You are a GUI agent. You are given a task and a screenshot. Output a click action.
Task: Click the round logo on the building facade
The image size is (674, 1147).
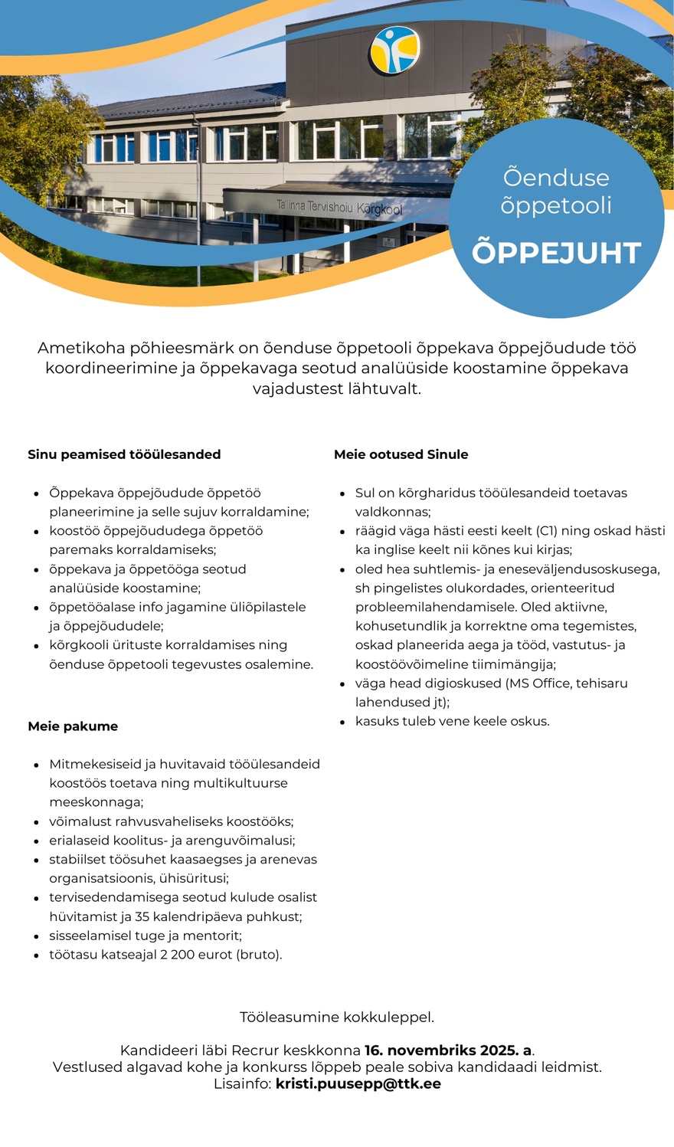point(394,49)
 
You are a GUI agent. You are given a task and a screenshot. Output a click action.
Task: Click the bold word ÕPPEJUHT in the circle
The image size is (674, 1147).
point(556,253)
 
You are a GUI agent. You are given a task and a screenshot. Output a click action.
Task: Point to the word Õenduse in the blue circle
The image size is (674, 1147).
point(556,178)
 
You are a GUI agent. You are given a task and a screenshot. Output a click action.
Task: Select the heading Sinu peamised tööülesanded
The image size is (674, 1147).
point(124,454)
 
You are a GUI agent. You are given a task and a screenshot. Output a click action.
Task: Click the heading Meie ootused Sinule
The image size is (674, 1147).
point(401,454)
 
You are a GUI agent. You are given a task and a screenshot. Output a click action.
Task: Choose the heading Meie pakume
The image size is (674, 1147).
point(73,726)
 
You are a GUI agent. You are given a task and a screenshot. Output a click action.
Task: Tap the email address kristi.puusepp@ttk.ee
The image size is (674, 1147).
point(358,1083)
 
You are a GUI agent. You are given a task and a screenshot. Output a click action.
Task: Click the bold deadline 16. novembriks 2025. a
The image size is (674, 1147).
point(448,1050)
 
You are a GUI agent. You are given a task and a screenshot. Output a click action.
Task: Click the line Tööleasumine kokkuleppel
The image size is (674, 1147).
point(337,1018)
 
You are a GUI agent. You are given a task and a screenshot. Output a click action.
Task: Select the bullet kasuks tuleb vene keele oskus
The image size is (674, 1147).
point(452,721)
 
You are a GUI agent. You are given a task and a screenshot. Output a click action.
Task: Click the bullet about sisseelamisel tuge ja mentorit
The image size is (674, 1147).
point(146,936)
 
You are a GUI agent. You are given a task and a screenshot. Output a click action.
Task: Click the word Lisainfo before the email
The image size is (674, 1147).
point(242,1083)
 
